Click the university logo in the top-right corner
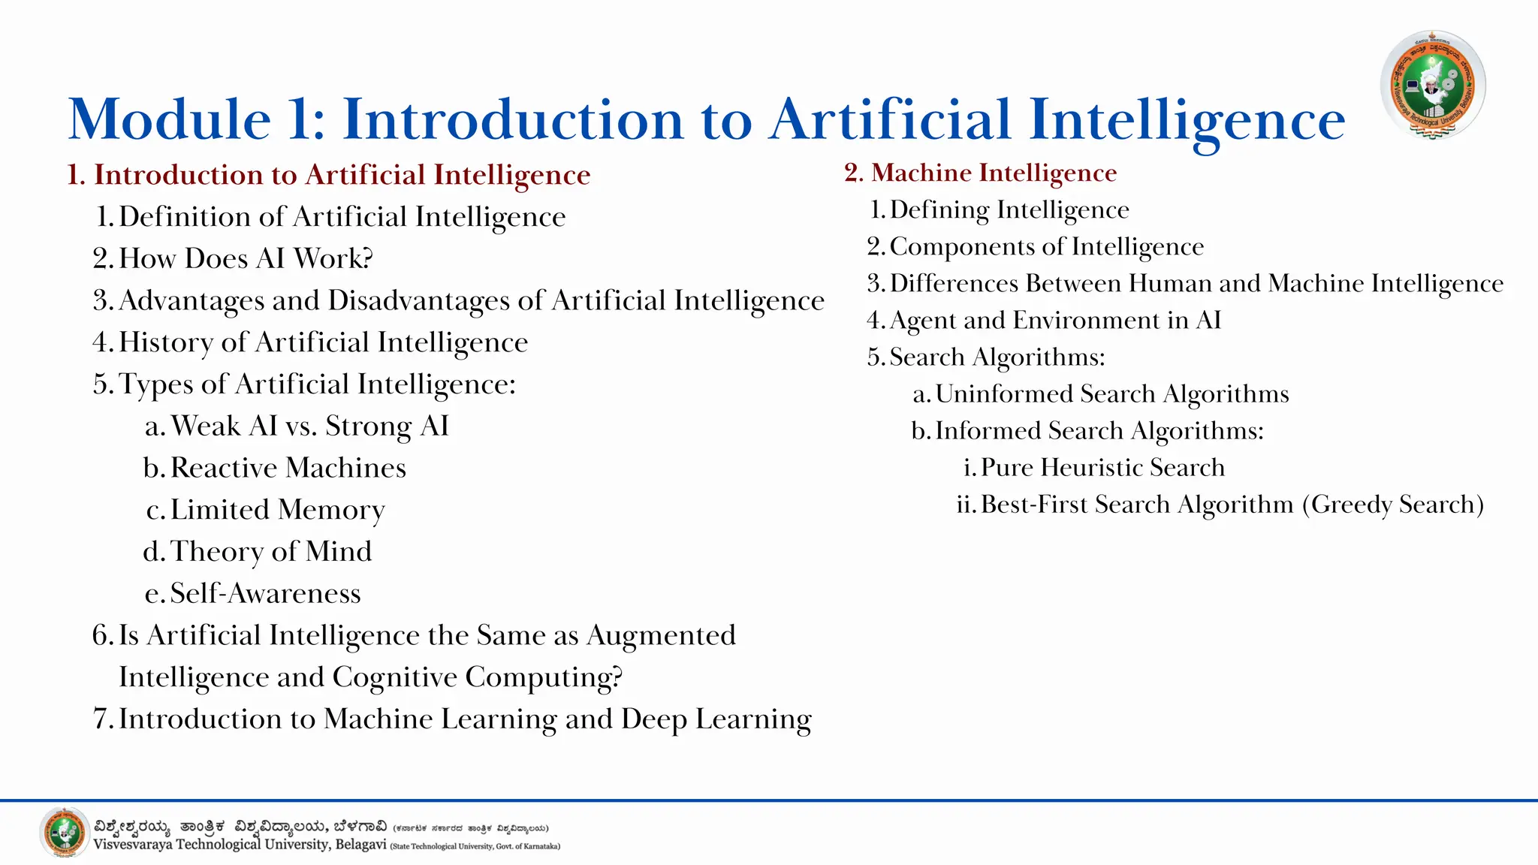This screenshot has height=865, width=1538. click(1433, 85)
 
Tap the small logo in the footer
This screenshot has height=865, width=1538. click(65, 833)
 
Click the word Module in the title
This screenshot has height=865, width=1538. click(170, 120)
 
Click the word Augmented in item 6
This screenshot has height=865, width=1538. click(661, 635)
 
